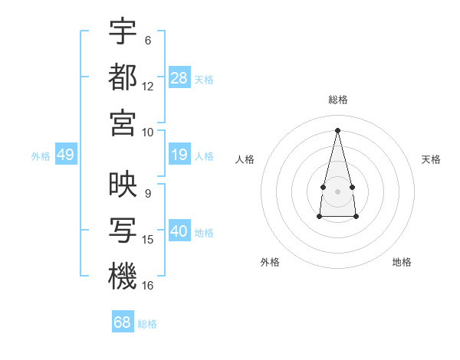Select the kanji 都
coord(123,77)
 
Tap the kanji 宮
coord(123,122)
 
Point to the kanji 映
coord(123,185)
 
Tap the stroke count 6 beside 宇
coord(148,41)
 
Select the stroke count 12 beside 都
coord(148,86)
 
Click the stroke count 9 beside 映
coord(148,194)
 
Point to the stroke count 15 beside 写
coord(148,240)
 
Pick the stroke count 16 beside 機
coord(148,285)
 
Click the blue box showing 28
coord(179,77)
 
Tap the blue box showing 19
coord(179,155)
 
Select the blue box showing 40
coord(179,232)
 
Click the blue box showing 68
coord(122,322)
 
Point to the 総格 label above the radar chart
coord(337,100)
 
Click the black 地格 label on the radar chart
coord(402,262)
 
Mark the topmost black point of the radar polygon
coord(337,129)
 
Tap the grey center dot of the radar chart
coord(337,190)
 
